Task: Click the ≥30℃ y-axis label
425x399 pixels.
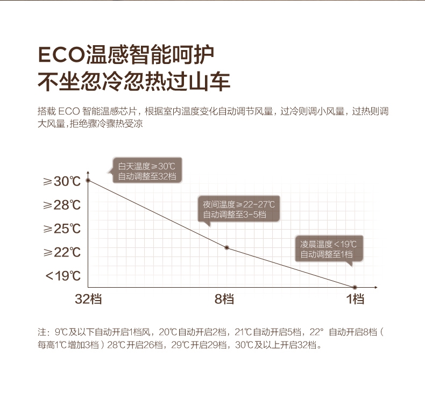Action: coord(62,181)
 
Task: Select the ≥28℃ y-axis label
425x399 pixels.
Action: coord(62,205)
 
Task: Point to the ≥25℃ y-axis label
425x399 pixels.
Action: coord(62,229)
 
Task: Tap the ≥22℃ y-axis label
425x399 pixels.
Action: coord(62,252)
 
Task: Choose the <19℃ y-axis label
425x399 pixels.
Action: coord(63,276)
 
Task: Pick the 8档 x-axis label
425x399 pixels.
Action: coord(224,300)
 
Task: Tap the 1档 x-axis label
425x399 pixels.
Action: coord(356,300)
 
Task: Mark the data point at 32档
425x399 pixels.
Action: coord(88,181)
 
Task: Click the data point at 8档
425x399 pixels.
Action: coord(226,247)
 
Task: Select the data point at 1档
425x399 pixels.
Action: coord(355,287)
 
